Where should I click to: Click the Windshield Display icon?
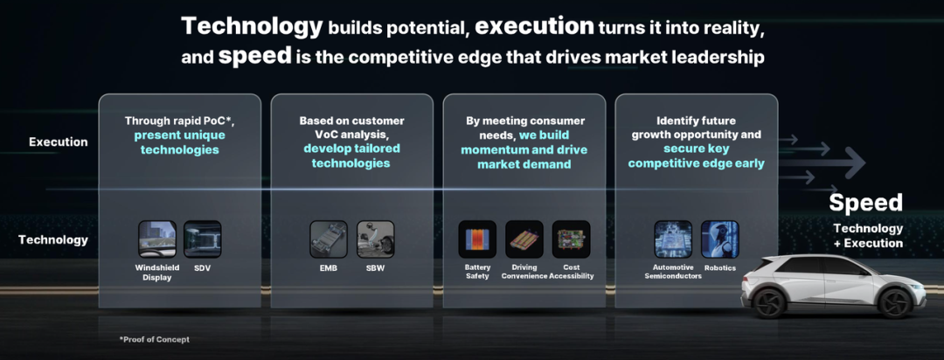[x=157, y=239]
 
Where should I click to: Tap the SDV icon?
[x=202, y=239]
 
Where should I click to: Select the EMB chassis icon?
[x=329, y=239]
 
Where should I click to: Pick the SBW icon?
[x=375, y=239]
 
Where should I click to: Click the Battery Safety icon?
[x=477, y=239]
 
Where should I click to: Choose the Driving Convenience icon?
[x=524, y=239]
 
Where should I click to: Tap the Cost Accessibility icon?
[x=572, y=239]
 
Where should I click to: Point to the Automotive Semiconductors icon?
[x=673, y=239]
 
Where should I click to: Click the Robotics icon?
[x=719, y=239]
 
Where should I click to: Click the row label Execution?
[x=59, y=142]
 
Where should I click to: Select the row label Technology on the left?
[x=53, y=239]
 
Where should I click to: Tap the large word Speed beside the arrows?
[x=865, y=202]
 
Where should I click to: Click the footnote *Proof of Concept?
[x=155, y=340]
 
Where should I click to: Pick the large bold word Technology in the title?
[x=253, y=27]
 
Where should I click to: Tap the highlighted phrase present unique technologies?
[x=180, y=143]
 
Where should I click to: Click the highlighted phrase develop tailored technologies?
[x=352, y=156]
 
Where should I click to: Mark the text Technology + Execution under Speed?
[x=868, y=236]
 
